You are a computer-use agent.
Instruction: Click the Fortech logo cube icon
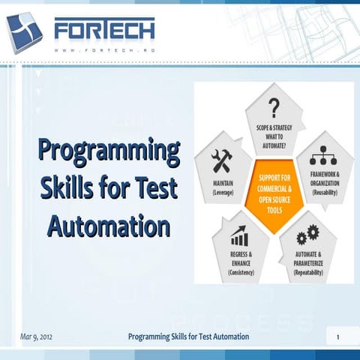pos(25,32)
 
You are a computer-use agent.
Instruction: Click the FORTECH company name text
pos(104,30)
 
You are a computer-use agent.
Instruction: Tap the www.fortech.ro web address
pos(104,51)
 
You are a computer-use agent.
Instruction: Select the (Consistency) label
pos(240,272)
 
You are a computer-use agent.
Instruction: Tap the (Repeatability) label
pos(307,273)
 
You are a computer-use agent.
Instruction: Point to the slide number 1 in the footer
pos(338,337)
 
